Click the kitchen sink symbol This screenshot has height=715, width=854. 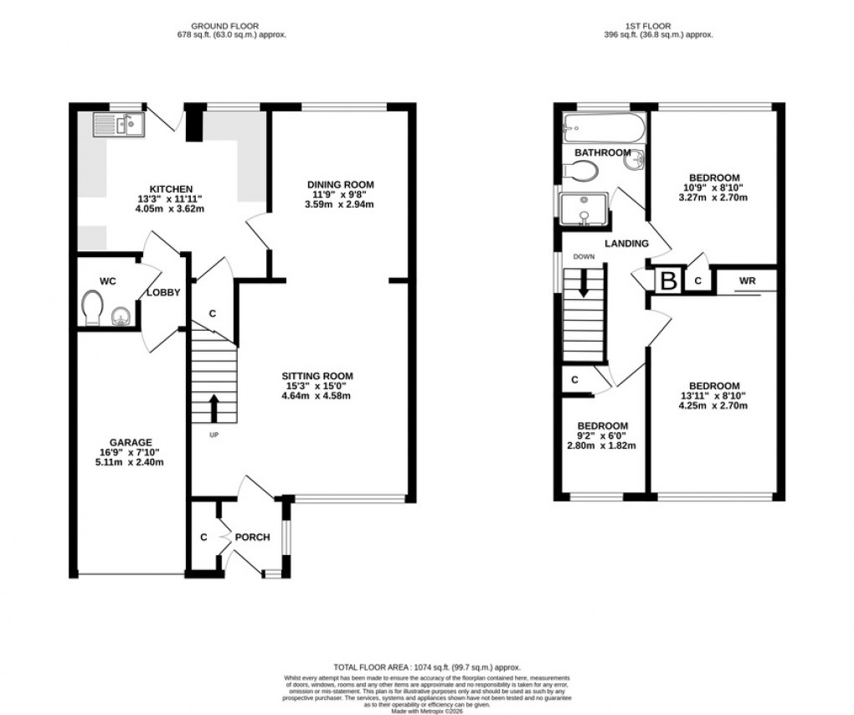tap(119, 126)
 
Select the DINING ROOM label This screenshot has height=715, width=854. tap(339, 184)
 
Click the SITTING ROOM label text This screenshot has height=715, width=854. tap(316, 376)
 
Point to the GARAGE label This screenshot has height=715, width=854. tap(131, 442)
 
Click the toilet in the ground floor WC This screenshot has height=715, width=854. tap(93, 308)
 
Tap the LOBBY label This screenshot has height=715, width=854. tap(163, 292)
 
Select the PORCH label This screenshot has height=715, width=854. tap(252, 537)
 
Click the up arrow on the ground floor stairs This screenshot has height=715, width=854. tap(214, 408)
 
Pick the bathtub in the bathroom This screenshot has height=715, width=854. tap(603, 128)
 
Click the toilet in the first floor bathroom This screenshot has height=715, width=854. tap(580, 171)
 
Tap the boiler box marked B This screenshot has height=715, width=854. tap(668, 280)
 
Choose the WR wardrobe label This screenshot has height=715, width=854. tap(747, 281)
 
